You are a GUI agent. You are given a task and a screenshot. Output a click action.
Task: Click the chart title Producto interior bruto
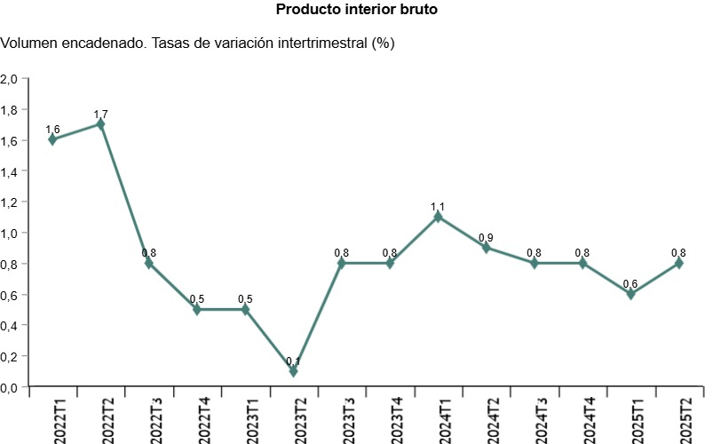pyautogui.click(x=357, y=10)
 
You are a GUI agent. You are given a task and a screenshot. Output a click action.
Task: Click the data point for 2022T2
pyautogui.click(x=100, y=124)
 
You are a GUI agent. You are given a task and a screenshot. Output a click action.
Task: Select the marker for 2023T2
pyautogui.click(x=293, y=371)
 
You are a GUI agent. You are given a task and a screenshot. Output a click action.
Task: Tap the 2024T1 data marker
pyautogui.click(x=438, y=217)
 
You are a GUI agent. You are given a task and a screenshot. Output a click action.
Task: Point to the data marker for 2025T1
pyautogui.click(x=630, y=294)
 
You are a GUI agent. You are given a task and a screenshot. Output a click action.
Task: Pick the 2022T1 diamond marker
pyautogui.click(x=52, y=139)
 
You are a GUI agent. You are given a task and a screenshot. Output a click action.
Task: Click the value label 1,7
pyautogui.click(x=100, y=115)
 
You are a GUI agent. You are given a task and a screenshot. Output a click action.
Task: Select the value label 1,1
pyautogui.click(x=438, y=207)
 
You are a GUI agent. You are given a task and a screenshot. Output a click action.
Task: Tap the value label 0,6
pyautogui.click(x=630, y=284)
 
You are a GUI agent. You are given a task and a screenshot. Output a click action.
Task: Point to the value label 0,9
pyautogui.click(x=486, y=238)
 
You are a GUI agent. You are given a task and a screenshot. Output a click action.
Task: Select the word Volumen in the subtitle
pyautogui.click(x=32, y=43)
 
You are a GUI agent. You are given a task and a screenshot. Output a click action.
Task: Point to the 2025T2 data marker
pyautogui.click(x=678, y=264)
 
